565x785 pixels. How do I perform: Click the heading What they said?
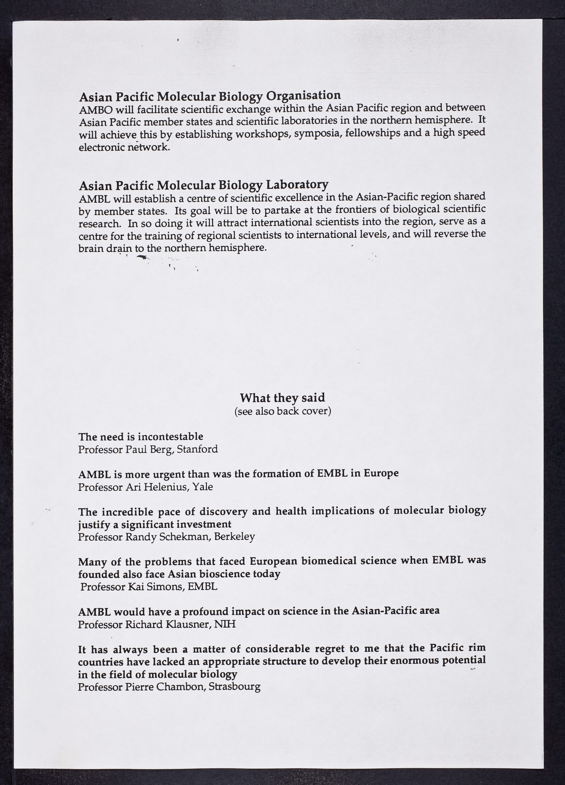[x=282, y=398]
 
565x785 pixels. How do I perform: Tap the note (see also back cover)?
[x=282, y=411]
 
